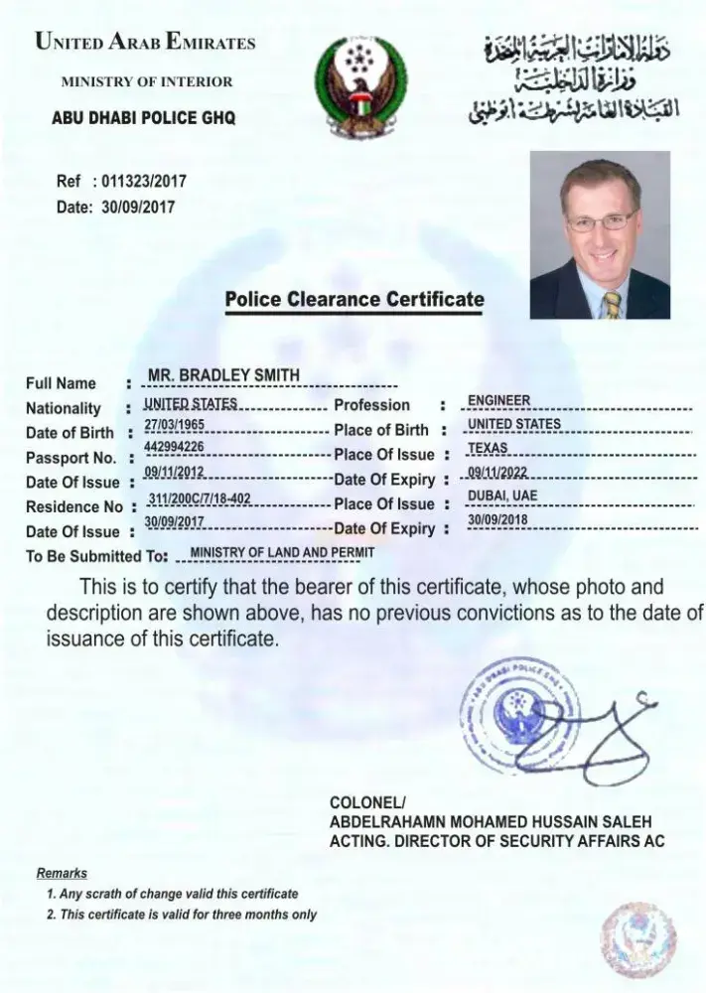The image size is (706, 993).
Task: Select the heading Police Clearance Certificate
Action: (x=354, y=299)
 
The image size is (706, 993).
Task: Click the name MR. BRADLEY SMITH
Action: (x=223, y=374)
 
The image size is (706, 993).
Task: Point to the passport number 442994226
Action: (x=175, y=448)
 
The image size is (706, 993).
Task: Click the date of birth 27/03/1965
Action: (x=175, y=424)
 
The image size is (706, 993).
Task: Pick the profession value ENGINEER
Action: (x=499, y=400)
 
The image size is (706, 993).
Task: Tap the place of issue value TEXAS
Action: (x=488, y=449)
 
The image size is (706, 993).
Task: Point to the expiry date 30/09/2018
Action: (x=497, y=520)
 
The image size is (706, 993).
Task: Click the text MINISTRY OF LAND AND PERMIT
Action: (x=282, y=552)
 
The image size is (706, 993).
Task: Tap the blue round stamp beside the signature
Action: (x=519, y=712)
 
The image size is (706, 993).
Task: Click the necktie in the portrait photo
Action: (x=613, y=303)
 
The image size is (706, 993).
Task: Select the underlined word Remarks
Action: (x=62, y=874)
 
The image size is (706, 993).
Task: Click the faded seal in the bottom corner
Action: (x=637, y=938)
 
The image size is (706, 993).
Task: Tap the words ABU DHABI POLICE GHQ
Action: (x=144, y=117)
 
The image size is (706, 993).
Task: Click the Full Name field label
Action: (x=61, y=383)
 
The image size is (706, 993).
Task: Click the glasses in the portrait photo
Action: (x=600, y=220)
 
